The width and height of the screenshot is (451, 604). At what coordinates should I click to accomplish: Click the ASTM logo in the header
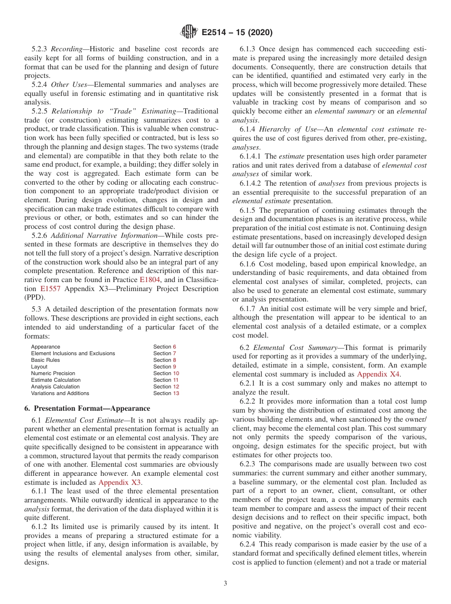[x=189, y=32]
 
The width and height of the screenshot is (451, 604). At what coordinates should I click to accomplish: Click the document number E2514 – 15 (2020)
[x=236, y=33]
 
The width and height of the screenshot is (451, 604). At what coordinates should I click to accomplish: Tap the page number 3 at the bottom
[x=225, y=583]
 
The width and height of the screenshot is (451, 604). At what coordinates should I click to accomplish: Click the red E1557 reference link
[x=50, y=288]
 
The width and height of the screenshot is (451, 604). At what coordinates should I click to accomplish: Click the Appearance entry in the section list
[x=46, y=347]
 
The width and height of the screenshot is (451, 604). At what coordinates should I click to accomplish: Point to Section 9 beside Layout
[x=164, y=367]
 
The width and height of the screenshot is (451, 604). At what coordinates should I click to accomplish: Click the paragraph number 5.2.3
[x=40, y=49]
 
